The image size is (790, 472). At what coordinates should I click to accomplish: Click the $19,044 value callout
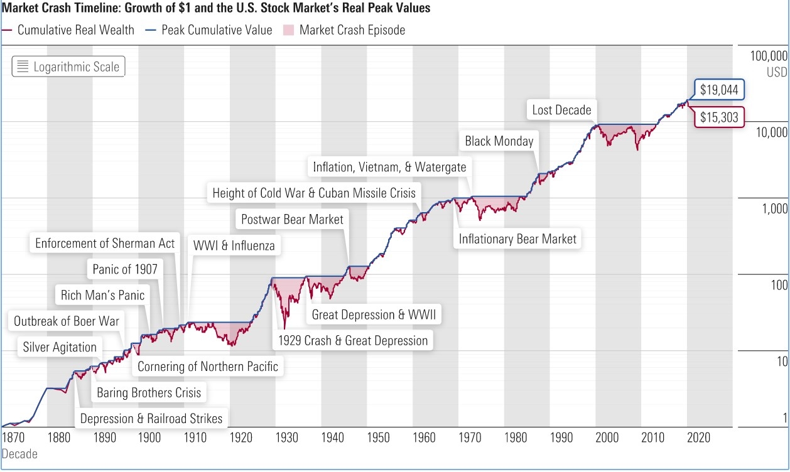point(720,90)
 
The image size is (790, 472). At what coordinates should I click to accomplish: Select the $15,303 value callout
point(720,117)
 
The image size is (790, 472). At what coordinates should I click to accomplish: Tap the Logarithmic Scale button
point(68,67)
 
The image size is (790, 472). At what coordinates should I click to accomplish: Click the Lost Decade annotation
point(561,110)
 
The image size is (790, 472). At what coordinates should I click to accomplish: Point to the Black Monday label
point(499,141)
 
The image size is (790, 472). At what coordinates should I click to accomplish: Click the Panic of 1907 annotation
point(125,269)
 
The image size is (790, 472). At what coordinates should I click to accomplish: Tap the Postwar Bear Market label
point(292,219)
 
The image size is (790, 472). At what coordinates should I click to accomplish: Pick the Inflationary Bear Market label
point(517,239)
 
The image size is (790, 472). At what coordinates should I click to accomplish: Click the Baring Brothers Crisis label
point(149,392)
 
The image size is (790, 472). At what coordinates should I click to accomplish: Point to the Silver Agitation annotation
point(60,347)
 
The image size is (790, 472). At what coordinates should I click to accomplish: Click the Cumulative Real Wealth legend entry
point(68,29)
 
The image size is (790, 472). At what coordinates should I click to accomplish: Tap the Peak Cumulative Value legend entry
point(210,29)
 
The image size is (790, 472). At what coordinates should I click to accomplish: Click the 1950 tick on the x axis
point(378,437)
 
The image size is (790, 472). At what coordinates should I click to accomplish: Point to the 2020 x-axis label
point(698,437)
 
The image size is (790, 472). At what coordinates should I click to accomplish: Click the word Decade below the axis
point(19,453)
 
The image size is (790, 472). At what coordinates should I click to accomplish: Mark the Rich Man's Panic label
point(102,294)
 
